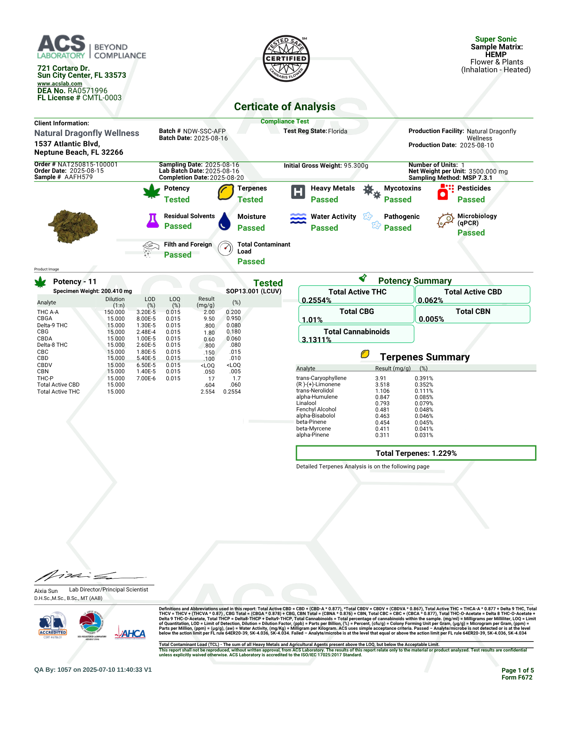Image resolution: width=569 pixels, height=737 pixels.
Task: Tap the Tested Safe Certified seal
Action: (286, 59)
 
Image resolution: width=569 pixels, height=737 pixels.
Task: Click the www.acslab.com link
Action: (60, 84)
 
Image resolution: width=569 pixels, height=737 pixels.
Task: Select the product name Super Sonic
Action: (496, 39)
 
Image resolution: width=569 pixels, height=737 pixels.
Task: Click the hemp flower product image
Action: (73, 226)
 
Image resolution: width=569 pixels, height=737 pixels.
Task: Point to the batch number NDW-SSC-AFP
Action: (204, 131)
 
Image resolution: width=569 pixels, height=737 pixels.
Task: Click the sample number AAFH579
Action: (78, 177)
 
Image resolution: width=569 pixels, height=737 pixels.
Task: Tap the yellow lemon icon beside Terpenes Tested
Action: (225, 192)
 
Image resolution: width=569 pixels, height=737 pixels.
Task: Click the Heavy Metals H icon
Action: (298, 192)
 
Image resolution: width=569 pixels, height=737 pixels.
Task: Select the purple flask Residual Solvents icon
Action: (152, 220)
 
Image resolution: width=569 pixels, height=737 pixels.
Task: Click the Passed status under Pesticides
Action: (471, 200)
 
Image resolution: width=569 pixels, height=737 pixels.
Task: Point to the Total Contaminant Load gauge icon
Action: (225, 248)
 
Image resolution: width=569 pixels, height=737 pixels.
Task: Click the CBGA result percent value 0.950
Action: (233, 318)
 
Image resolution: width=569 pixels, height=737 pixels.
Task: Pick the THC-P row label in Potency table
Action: (45, 378)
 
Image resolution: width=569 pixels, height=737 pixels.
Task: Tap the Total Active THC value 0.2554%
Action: (316, 300)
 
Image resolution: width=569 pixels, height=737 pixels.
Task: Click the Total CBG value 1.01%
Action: (312, 320)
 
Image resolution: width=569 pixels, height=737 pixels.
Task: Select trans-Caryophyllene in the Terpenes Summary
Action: (321, 378)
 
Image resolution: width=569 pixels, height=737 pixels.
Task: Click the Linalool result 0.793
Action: (382, 404)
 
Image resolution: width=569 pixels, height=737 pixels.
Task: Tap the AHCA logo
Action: (130, 633)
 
